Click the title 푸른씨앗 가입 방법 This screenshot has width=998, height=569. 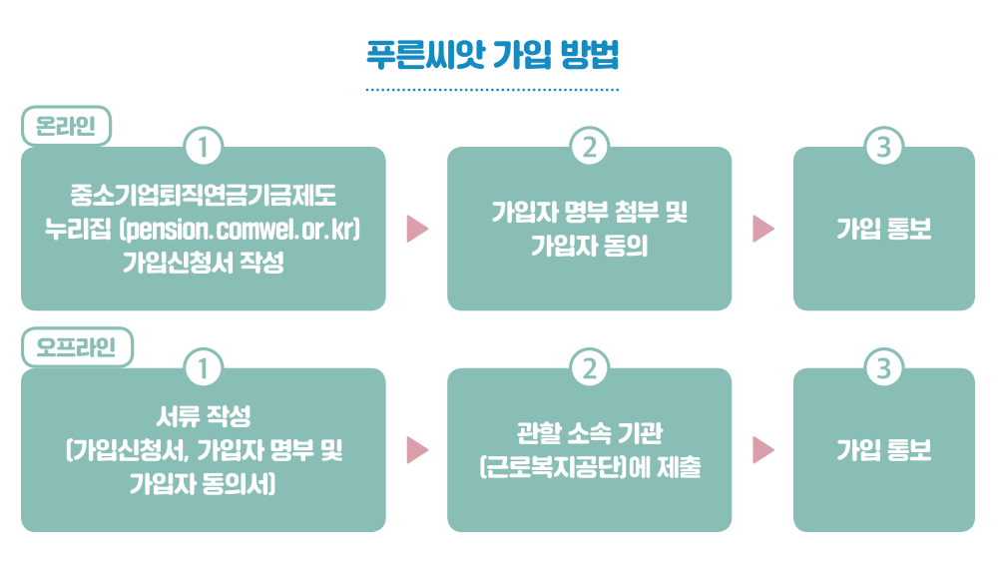click(492, 55)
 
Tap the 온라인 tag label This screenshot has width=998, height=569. click(66, 126)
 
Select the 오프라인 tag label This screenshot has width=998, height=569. click(77, 346)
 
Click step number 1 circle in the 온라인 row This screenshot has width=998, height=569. click(203, 147)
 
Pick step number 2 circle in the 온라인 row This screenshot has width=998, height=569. click(590, 147)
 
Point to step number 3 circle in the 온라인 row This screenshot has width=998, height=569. click(883, 147)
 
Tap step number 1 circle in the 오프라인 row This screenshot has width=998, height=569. click(203, 368)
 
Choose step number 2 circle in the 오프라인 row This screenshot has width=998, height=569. click(590, 368)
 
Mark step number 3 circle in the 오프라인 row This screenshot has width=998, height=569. click(883, 368)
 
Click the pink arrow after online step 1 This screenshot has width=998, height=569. click(417, 229)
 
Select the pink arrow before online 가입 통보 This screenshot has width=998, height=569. click(763, 229)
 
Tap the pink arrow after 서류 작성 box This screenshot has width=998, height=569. click(417, 450)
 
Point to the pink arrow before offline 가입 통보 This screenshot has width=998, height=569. click(763, 450)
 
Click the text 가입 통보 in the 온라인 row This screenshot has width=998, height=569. click(883, 229)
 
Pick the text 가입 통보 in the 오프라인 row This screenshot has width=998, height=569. click(883, 450)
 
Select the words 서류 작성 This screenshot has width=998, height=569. click(203, 416)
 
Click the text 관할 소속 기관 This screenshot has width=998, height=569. click(590, 433)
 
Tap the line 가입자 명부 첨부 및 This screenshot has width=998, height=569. click(590, 212)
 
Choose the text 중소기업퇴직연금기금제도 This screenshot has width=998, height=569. click(203, 196)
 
